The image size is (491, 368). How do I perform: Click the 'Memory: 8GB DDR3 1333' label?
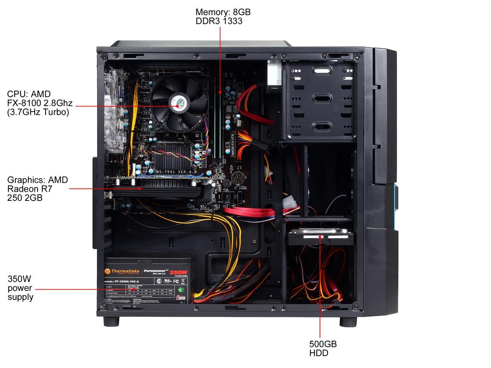pos(223,16)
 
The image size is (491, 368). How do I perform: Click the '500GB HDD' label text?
pos(323,348)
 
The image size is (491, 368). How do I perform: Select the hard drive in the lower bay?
pos(320,237)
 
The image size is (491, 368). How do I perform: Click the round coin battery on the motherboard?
pos(240,177)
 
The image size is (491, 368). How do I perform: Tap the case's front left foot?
pos(111,321)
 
